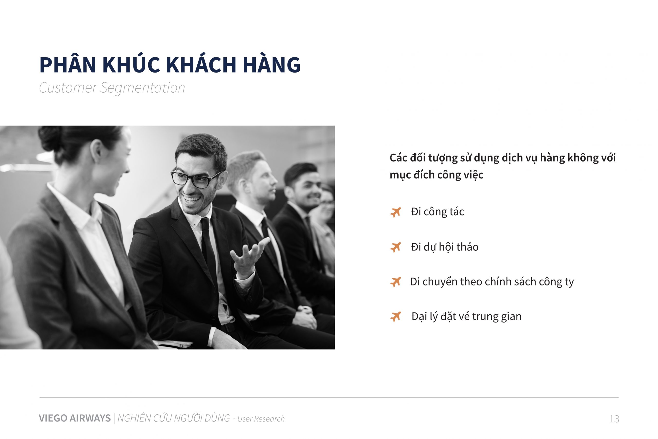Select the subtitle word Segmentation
[142, 88]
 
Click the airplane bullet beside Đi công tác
[396, 212]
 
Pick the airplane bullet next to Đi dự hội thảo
[396, 247]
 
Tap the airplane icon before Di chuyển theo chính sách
[396, 282]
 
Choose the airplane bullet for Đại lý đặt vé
[396, 317]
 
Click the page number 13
[614, 419]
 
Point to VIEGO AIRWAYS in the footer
[75, 418]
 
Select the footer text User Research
[261, 419]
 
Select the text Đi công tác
[437, 212]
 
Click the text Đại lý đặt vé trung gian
[466, 317]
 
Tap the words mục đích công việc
[436, 175]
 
